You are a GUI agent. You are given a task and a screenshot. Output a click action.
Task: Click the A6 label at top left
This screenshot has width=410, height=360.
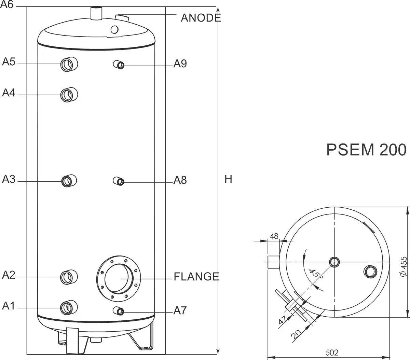click(x=7, y=6)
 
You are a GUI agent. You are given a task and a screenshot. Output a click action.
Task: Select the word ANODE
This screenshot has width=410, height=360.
click(x=201, y=18)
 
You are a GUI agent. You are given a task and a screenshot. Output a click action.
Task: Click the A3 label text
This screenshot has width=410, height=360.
click(x=9, y=179)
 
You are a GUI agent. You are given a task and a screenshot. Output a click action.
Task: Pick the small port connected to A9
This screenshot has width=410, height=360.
click(x=119, y=64)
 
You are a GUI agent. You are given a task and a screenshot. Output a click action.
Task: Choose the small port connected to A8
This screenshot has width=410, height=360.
click(x=119, y=181)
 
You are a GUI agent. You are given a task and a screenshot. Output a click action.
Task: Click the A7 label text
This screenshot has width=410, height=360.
click(x=180, y=310)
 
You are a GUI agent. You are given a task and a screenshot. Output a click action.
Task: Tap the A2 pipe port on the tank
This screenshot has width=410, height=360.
click(x=68, y=276)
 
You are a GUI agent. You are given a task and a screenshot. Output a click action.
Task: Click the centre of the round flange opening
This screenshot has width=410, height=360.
click(x=118, y=278)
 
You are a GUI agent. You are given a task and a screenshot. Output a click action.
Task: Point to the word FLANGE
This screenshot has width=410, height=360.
click(x=196, y=276)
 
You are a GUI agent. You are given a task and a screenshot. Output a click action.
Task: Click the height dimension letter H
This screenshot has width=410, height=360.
click(x=228, y=179)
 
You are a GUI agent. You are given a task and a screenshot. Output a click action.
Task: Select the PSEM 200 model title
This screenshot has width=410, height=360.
click(x=366, y=150)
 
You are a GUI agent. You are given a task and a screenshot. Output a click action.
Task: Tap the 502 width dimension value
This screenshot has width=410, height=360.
click(x=330, y=352)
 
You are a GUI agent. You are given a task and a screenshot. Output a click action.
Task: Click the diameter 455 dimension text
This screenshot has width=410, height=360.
click(x=404, y=266)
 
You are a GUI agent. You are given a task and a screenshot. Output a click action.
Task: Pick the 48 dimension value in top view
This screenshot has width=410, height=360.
click(x=274, y=236)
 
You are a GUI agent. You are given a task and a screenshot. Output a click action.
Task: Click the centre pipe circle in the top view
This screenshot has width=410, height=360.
click(x=334, y=262)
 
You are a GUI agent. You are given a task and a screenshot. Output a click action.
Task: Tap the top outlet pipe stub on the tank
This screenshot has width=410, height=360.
click(x=97, y=13)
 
